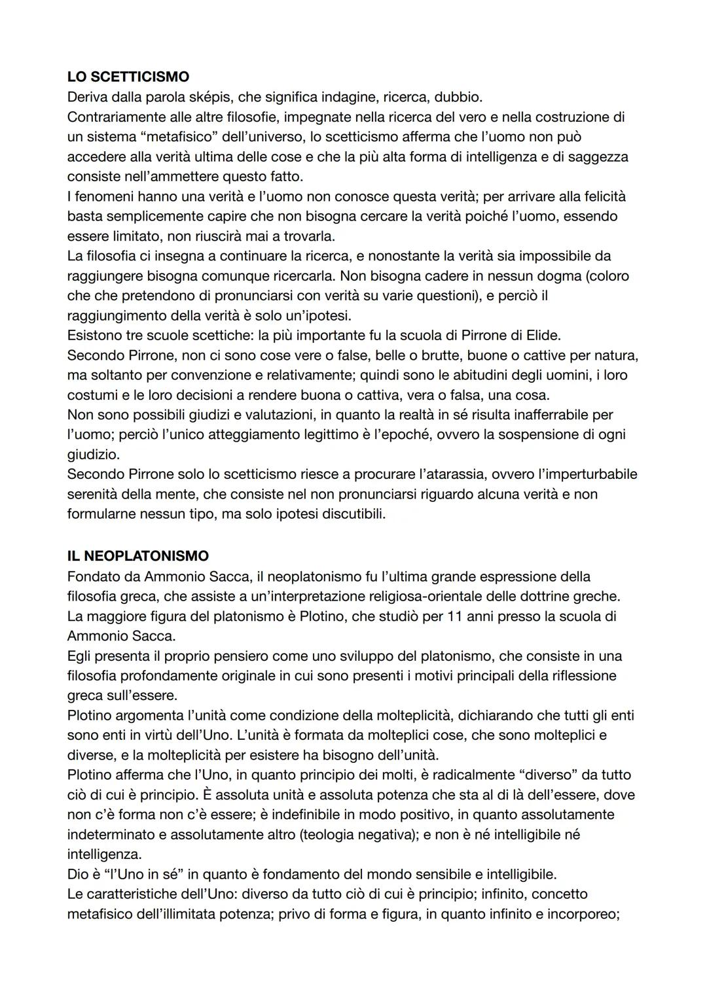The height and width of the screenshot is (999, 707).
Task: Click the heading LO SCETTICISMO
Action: click(128, 77)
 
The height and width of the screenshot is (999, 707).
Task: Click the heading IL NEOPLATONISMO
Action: click(138, 556)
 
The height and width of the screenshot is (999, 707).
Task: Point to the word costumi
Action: click(92, 395)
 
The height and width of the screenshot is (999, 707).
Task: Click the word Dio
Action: click(78, 874)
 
